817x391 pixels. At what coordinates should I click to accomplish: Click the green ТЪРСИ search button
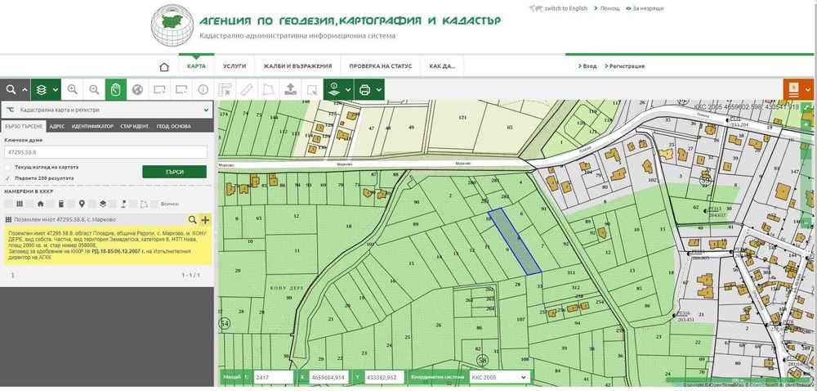pyautogui.click(x=174, y=172)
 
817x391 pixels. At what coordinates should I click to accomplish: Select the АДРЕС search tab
pyautogui.click(x=57, y=127)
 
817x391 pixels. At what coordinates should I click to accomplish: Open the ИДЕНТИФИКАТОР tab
pyautogui.click(x=92, y=127)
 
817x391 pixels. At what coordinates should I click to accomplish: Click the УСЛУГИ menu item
pyautogui.click(x=234, y=66)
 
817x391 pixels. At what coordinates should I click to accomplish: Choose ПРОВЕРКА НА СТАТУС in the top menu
pyautogui.click(x=380, y=66)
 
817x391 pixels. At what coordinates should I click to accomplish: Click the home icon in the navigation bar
pyautogui.click(x=164, y=66)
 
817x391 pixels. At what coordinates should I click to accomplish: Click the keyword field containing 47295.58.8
pyautogui.click(x=105, y=152)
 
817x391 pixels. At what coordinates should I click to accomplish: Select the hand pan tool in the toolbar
pyautogui.click(x=116, y=90)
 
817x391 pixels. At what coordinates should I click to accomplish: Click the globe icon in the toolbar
pyautogui.click(x=137, y=90)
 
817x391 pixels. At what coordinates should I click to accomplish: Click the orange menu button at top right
pyautogui.click(x=793, y=90)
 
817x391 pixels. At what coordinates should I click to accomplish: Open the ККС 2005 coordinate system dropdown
pyautogui.click(x=498, y=378)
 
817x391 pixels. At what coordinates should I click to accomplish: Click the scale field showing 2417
pyautogui.click(x=272, y=378)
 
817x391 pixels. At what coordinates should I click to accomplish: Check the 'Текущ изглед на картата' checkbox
pyautogui.click(x=8, y=167)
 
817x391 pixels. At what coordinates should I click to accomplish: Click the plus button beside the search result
pyautogui.click(x=205, y=220)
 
